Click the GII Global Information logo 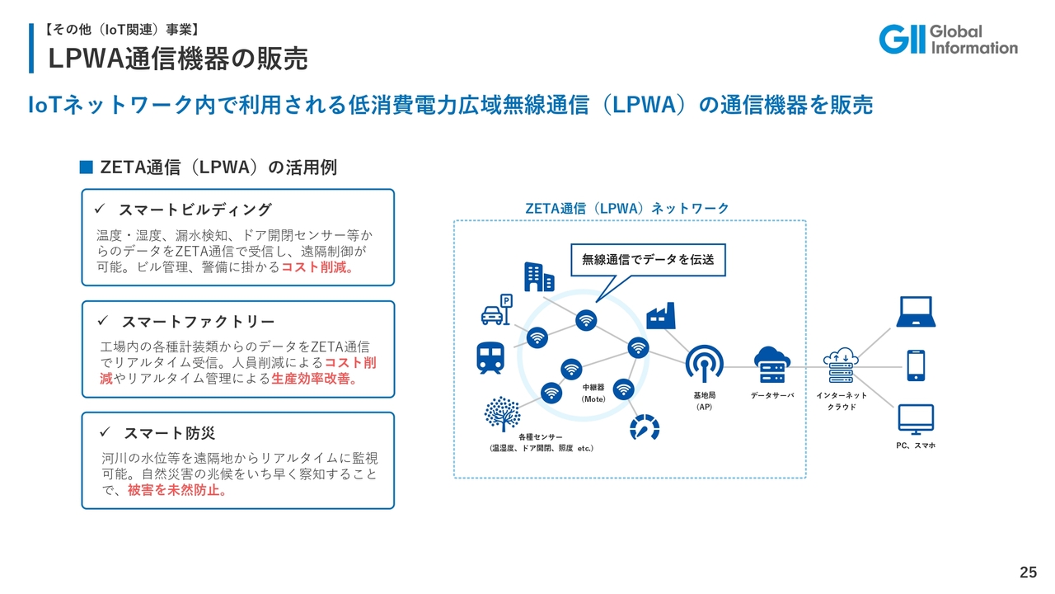[x=948, y=39]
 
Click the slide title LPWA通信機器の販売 [x=178, y=59]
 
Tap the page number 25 [x=1028, y=573]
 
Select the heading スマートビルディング [x=195, y=210]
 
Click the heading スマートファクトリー [x=198, y=321]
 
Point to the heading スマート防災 [x=169, y=432]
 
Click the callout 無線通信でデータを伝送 [x=648, y=259]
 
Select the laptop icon [x=915, y=312]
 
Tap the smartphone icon [x=915, y=365]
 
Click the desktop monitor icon [x=915, y=420]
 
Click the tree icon [x=503, y=413]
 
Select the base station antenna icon [x=704, y=364]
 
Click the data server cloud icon [x=772, y=364]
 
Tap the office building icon [x=539, y=276]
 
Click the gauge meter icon [x=645, y=427]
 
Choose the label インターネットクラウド [x=842, y=401]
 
